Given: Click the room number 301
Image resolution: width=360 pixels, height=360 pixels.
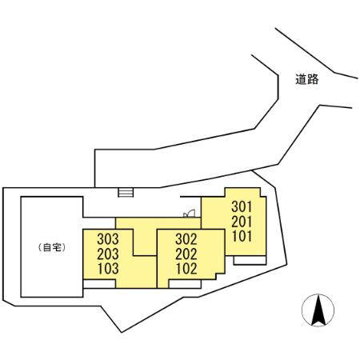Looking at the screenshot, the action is coord(242,206).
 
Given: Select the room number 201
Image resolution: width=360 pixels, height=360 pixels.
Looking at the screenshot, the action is coord(242,222).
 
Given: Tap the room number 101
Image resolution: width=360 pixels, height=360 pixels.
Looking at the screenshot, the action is coord(242,236).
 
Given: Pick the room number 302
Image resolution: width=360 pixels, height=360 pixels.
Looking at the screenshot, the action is coord(186,239).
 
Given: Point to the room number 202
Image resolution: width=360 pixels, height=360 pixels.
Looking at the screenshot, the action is coord(186,254).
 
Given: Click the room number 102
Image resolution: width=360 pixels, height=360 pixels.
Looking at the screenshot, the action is coord(186,269).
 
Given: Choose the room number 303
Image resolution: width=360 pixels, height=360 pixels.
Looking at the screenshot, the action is coord(108,239).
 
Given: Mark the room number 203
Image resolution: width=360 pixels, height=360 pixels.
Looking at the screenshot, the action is coord(108,254).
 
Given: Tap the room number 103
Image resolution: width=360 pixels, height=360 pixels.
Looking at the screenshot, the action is coord(108,269).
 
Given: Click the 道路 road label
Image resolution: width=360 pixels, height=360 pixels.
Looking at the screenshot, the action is coord(307,79).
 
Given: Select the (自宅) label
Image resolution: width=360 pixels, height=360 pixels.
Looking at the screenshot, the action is coord(52,248).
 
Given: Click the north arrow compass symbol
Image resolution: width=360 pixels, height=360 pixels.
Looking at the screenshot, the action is coord(318,310).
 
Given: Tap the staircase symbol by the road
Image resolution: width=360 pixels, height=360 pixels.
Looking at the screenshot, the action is coord(126,193).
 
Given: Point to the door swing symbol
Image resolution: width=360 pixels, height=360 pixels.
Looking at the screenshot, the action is coord(190,214).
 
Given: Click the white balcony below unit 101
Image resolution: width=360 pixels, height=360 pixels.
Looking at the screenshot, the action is coord(250,260).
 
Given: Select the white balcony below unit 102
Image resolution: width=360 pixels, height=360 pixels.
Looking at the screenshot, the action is coord(185,284).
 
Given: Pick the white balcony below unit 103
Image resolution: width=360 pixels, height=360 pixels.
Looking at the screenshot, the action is coord(99,284).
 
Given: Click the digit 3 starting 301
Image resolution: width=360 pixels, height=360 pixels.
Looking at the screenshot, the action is coord(234,206).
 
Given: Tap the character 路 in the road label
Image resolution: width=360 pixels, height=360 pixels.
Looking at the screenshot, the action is coord(313,79).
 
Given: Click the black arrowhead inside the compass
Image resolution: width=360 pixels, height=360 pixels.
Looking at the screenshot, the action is coord(318,310).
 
